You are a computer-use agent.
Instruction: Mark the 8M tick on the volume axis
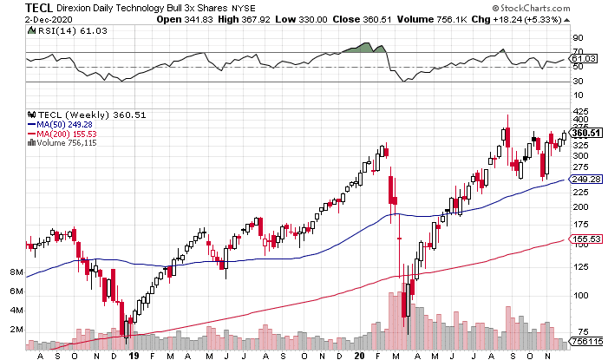coord(16,272)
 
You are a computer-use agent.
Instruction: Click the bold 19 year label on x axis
coord(134,354)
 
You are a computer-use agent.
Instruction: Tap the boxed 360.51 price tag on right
coord(588,133)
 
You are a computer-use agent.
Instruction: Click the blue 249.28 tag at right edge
coord(588,179)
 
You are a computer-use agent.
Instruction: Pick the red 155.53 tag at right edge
coord(588,239)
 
